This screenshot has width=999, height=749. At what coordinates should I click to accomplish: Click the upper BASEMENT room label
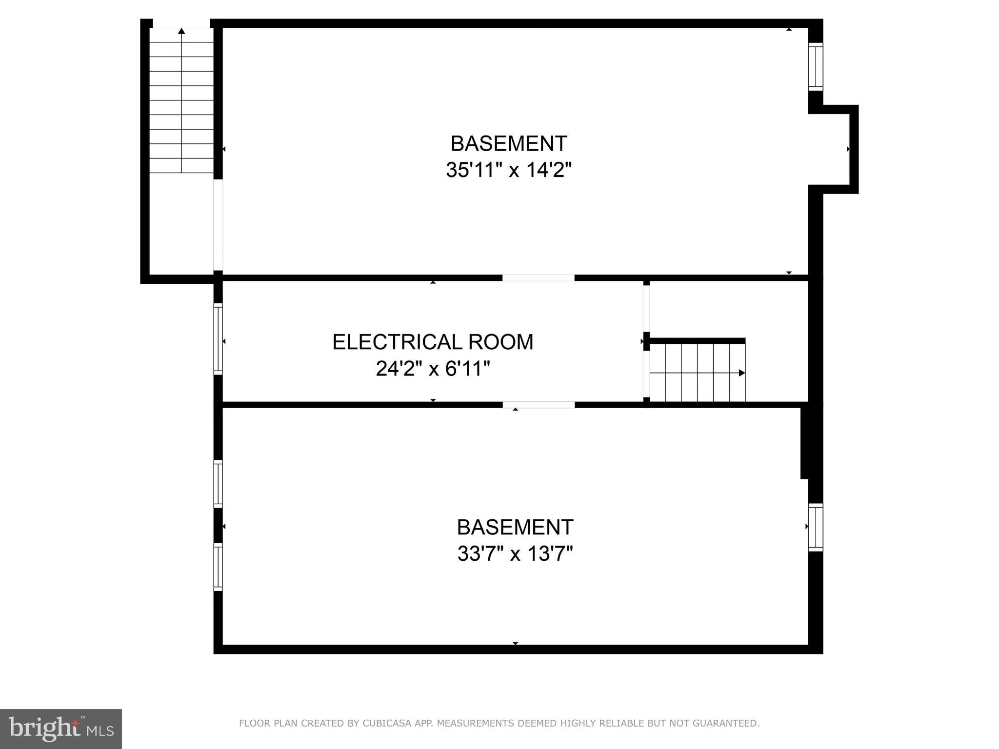point(508,144)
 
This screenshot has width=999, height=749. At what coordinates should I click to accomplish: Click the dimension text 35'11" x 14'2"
point(508,171)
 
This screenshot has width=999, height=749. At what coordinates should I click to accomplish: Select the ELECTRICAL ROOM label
point(433,342)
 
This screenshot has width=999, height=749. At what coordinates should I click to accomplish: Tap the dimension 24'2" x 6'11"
point(433,369)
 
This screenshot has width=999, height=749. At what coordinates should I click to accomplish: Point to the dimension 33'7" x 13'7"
point(515,554)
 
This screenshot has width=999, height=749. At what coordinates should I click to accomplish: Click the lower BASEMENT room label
point(515,527)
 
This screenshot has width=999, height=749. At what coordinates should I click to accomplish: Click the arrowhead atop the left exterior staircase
point(181,31)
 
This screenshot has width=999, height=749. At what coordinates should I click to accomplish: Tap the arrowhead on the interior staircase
point(741,373)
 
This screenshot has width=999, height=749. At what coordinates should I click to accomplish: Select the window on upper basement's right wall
point(816,67)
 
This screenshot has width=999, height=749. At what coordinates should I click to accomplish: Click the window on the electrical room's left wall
point(218,339)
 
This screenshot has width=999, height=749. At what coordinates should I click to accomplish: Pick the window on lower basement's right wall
point(816,527)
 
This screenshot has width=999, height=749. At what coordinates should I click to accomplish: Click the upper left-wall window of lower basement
point(218,484)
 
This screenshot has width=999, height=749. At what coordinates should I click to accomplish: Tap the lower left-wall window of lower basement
point(218,567)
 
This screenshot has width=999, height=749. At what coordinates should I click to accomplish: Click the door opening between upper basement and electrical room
point(539,278)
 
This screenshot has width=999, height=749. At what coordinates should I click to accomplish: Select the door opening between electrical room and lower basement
point(539,405)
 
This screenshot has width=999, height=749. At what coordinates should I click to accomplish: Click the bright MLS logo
point(60,729)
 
